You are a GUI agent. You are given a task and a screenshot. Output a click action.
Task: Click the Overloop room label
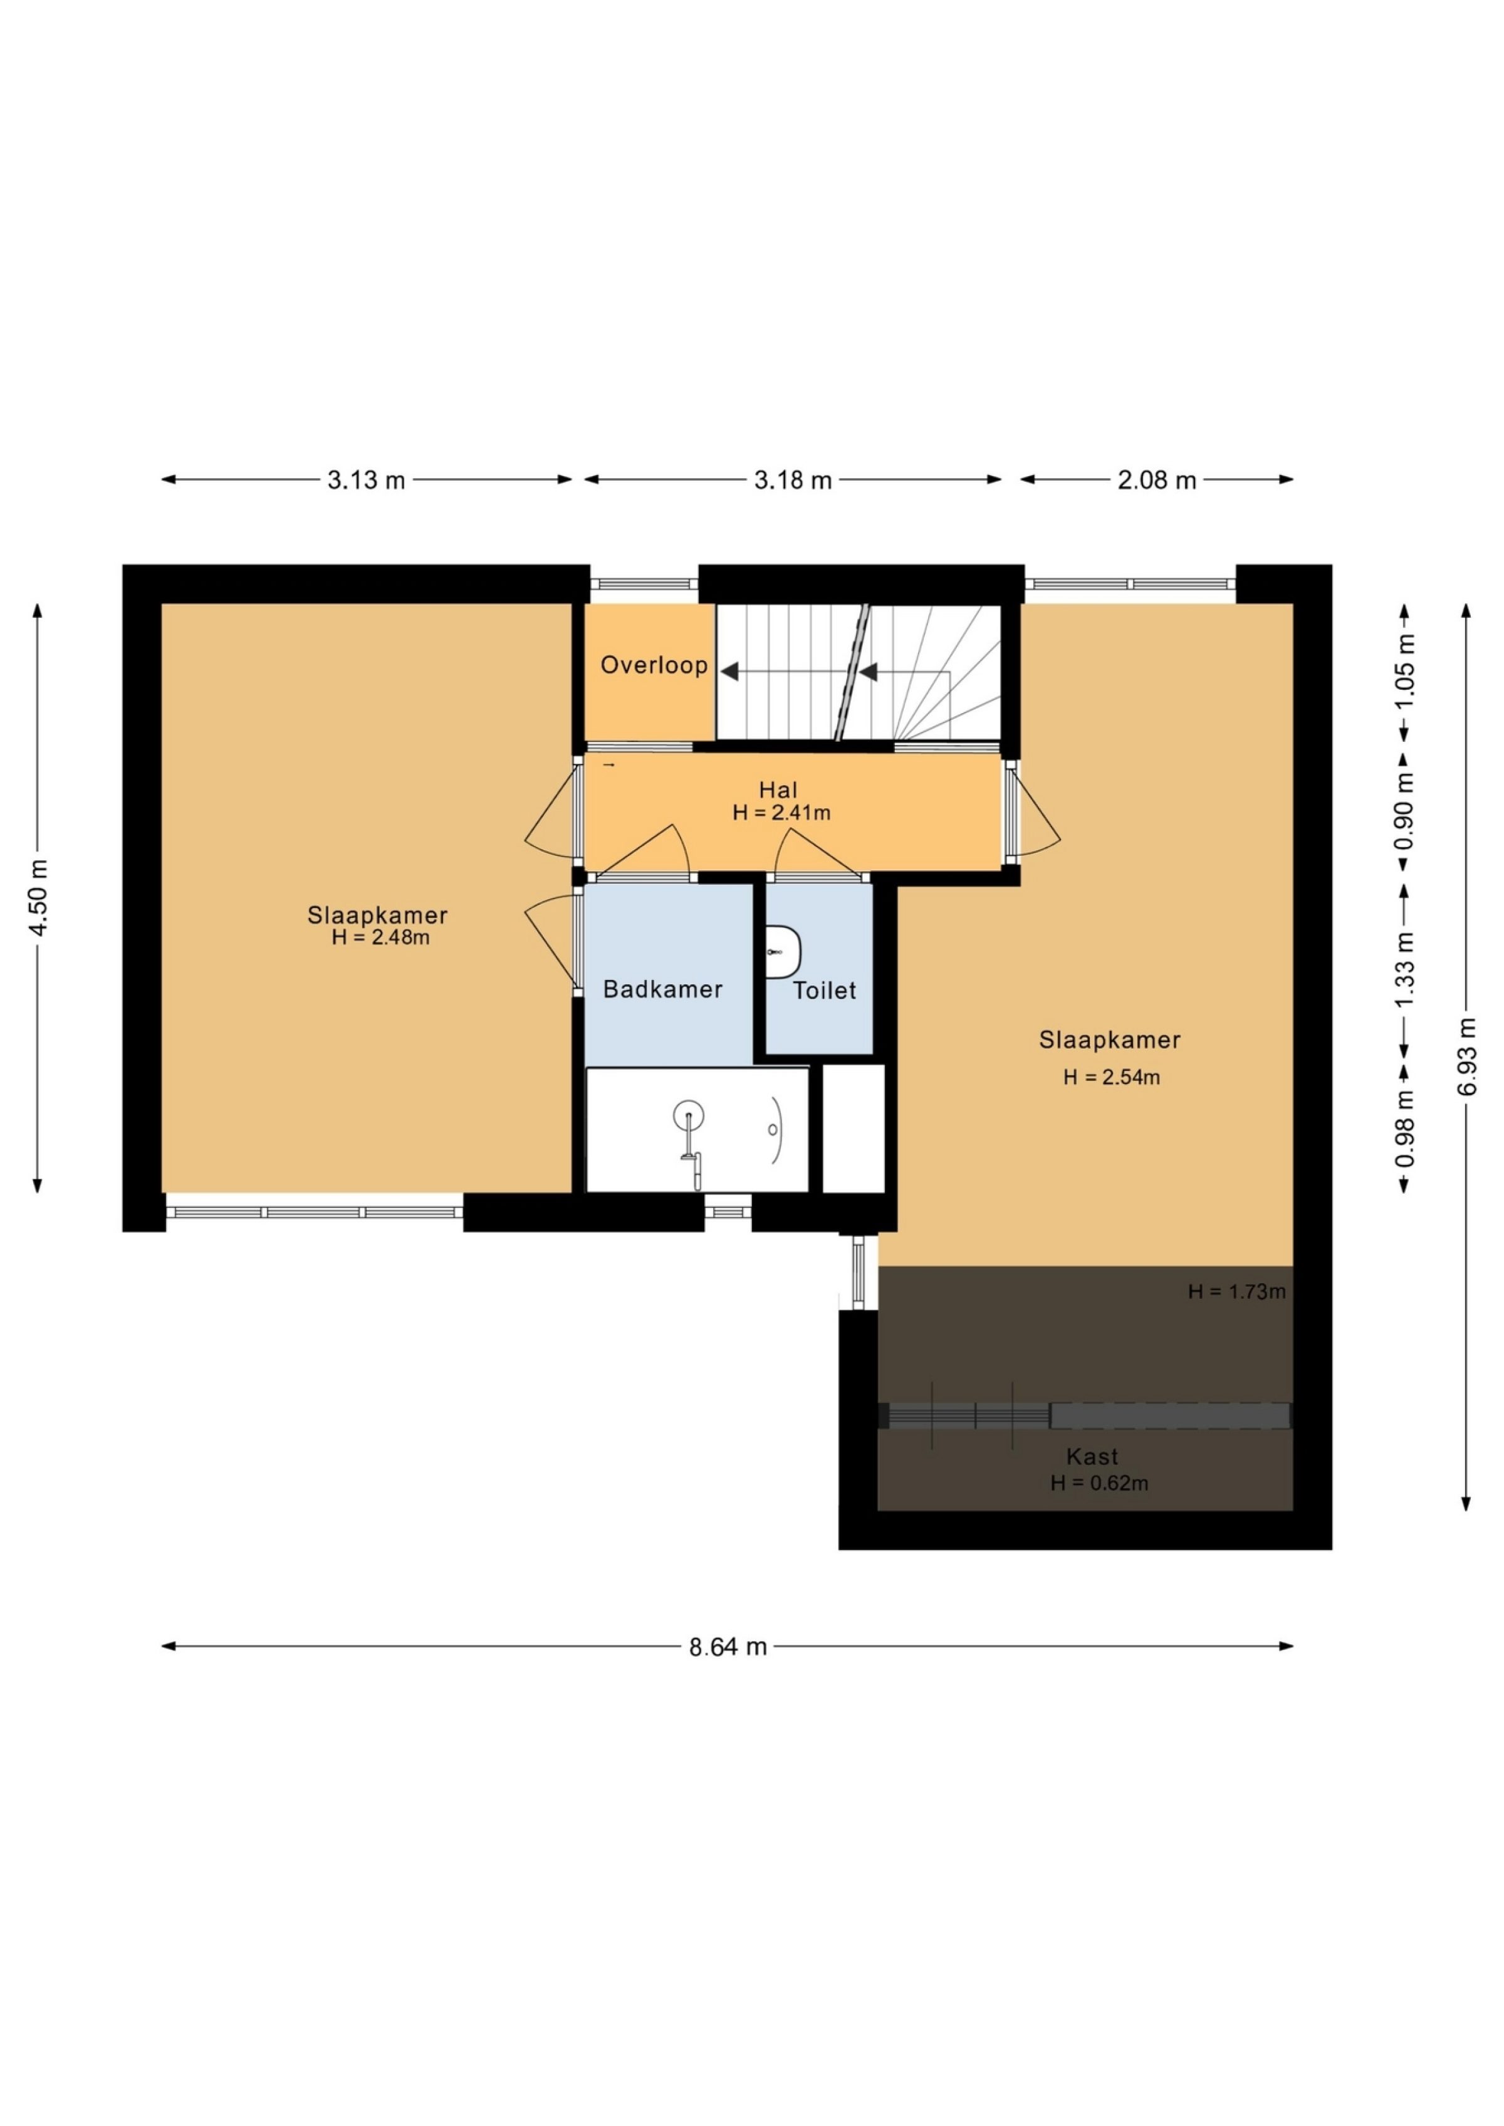(x=654, y=665)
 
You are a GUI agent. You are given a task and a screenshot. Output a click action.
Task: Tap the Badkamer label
(x=662, y=989)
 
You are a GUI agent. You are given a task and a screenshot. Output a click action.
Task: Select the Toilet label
(x=824, y=991)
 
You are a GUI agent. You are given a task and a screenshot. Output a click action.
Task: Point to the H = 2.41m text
(x=781, y=813)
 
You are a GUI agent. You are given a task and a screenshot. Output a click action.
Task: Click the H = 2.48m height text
(x=380, y=937)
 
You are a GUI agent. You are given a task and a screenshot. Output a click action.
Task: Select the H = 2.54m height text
(x=1111, y=1077)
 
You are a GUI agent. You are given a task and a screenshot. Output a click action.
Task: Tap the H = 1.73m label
(x=1236, y=1291)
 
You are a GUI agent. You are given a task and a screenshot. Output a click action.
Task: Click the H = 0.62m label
(x=1099, y=1483)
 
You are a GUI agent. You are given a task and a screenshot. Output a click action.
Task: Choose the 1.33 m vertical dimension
(x=1405, y=969)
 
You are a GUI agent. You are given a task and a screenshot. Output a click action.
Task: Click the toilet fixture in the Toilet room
(x=783, y=951)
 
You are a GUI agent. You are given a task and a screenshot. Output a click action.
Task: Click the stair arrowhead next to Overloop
(x=730, y=671)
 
